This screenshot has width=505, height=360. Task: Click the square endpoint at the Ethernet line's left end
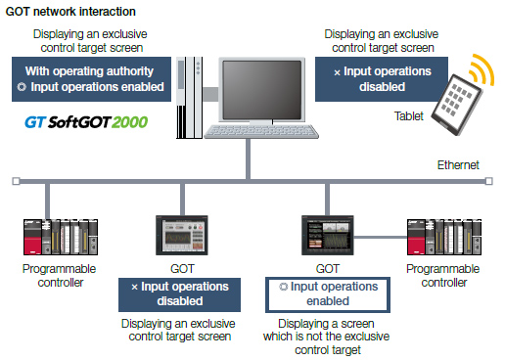click(15, 181)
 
